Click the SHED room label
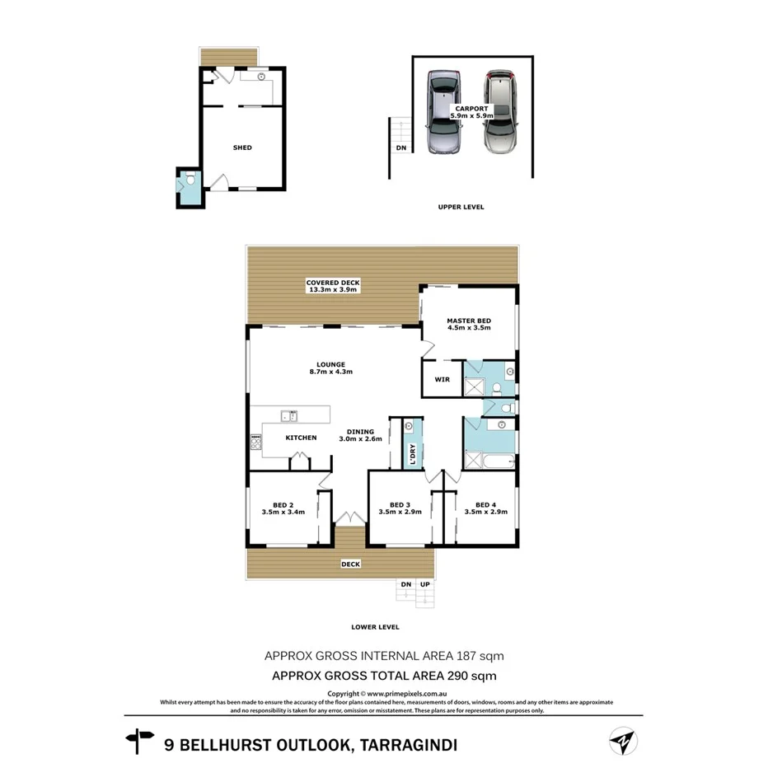tap(242, 148)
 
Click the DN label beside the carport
tap(401, 148)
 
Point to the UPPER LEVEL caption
tap(461, 207)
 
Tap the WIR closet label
tap(441, 380)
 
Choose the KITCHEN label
tap(301, 438)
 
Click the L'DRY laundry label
tap(413, 454)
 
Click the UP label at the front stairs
tap(425, 584)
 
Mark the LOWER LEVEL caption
tap(375, 627)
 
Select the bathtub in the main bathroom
tap(498, 461)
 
